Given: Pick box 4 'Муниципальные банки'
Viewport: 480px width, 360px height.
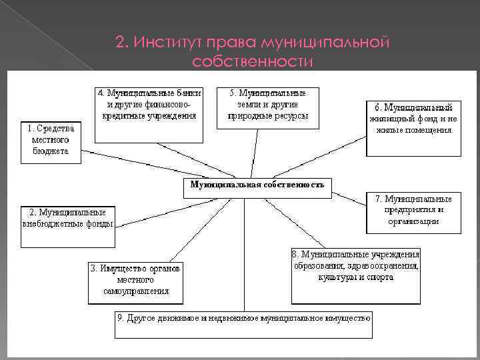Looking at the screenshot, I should (x=148, y=114).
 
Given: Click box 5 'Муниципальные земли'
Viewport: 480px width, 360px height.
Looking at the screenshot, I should (x=267, y=107).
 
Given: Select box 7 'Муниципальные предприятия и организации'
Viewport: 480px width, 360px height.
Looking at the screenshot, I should (x=413, y=213).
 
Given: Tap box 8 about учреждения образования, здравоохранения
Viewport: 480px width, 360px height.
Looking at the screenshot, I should (x=355, y=274).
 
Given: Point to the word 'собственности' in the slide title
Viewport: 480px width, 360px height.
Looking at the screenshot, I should (x=252, y=62).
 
